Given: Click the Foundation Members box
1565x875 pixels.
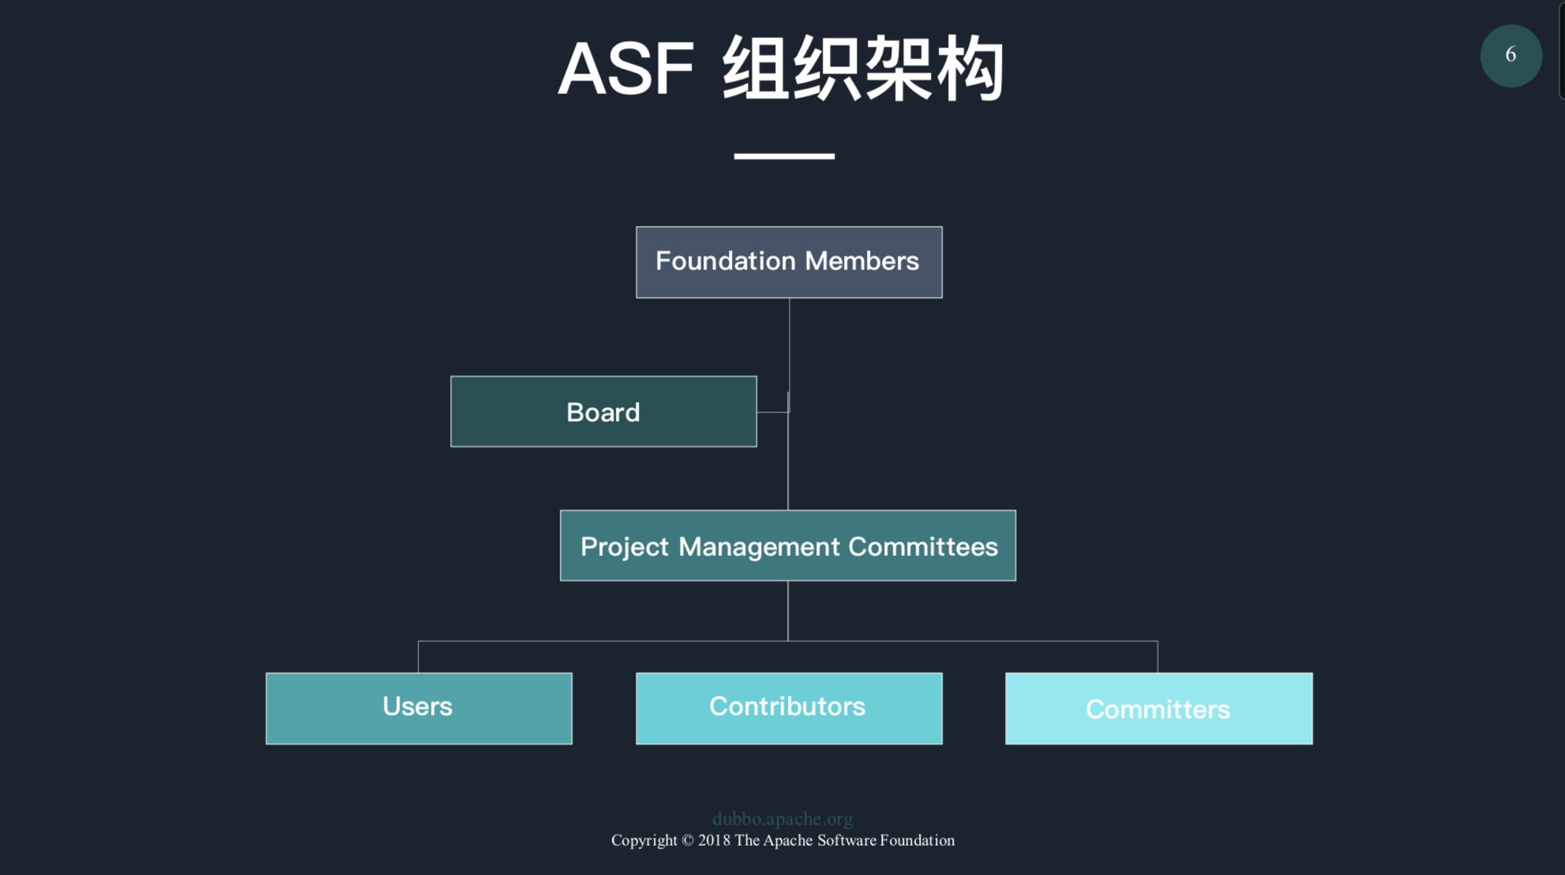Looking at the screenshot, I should (789, 262).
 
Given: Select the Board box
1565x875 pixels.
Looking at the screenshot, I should (603, 411).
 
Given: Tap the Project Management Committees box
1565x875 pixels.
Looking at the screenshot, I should (787, 546).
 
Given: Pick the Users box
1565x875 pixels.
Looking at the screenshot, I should (418, 708).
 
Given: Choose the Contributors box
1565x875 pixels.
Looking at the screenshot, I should (789, 708).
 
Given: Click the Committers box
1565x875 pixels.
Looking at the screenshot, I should (1158, 708).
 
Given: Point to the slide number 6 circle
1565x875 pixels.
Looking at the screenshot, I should (1511, 55).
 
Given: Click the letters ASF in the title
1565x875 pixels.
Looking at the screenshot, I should (625, 69).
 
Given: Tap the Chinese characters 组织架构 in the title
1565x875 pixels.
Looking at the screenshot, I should (863, 69).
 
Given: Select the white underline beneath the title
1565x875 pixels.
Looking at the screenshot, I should (783, 156).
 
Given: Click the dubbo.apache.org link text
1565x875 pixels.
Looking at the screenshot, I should (782, 819).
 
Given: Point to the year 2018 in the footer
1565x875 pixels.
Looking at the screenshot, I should (714, 840).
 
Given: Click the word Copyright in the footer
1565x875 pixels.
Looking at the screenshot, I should (644, 840).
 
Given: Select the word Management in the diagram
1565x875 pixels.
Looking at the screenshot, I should (759, 546).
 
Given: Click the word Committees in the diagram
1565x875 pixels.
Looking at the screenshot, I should (923, 546).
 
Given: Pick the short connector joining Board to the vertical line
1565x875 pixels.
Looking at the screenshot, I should (772, 411).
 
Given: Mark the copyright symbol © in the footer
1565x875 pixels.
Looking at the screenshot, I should (687, 840).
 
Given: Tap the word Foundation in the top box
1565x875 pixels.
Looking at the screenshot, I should (726, 261).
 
